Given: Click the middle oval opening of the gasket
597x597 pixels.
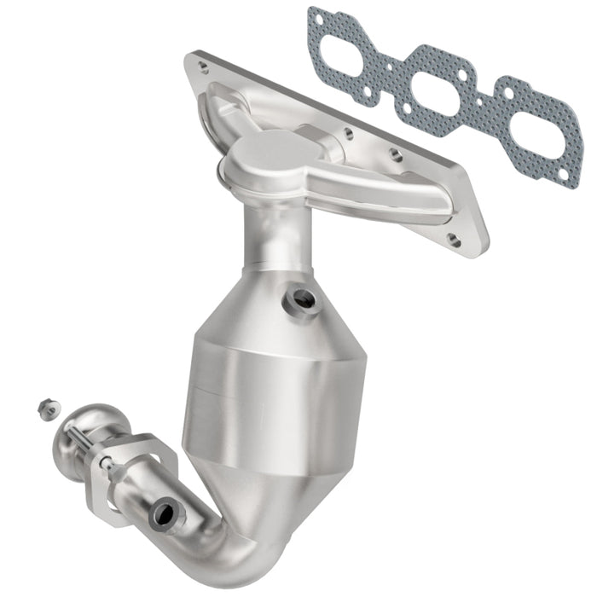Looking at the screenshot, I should point(435,83).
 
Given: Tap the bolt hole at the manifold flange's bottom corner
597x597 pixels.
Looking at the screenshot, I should point(455,241).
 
